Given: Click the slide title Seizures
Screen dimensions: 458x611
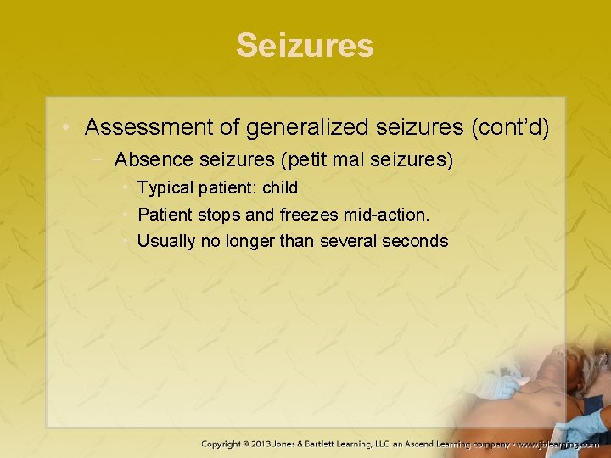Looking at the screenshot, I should [x=305, y=45].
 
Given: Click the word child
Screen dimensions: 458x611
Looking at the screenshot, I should [x=280, y=187].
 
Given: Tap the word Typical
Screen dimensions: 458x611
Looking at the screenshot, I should [x=166, y=187].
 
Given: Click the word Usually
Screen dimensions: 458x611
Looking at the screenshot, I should [x=166, y=241].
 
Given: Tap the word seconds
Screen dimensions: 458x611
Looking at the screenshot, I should [x=415, y=241].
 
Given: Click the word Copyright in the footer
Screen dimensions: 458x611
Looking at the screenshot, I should [x=225, y=444].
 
